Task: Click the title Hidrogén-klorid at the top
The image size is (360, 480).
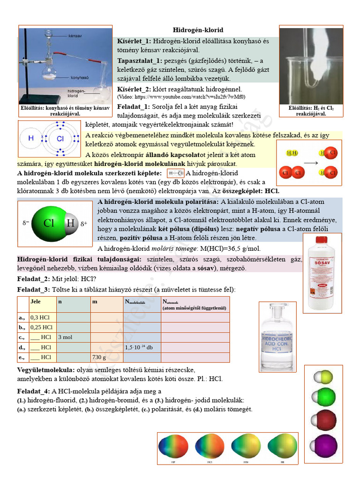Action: point(198,30)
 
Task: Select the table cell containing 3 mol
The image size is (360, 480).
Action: point(73,337)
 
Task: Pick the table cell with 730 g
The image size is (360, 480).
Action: point(107,357)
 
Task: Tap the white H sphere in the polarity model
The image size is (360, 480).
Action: point(70,223)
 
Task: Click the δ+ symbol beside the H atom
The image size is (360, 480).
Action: point(84,224)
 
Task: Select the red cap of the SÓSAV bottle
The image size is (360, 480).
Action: point(321,240)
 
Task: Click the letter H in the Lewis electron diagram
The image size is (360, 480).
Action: point(32,138)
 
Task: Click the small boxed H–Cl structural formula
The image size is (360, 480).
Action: point(176,173)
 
